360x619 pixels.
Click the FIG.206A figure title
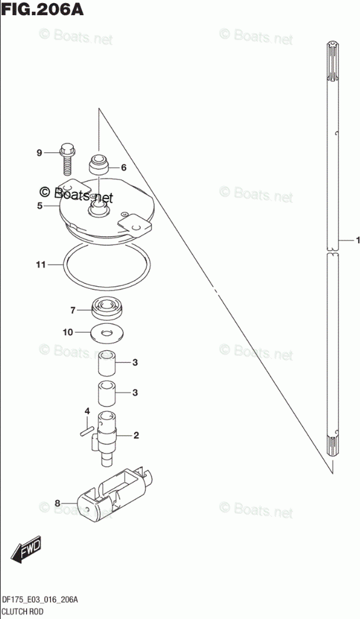coord(42,9)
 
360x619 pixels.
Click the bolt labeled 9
coord(66,159)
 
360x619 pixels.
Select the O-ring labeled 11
coord(107,245)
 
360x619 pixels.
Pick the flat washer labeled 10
coord(106,333)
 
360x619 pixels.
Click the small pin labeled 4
coord(86,430)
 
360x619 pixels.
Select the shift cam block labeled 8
coord(115,494)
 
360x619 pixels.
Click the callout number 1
coord(357,240)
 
